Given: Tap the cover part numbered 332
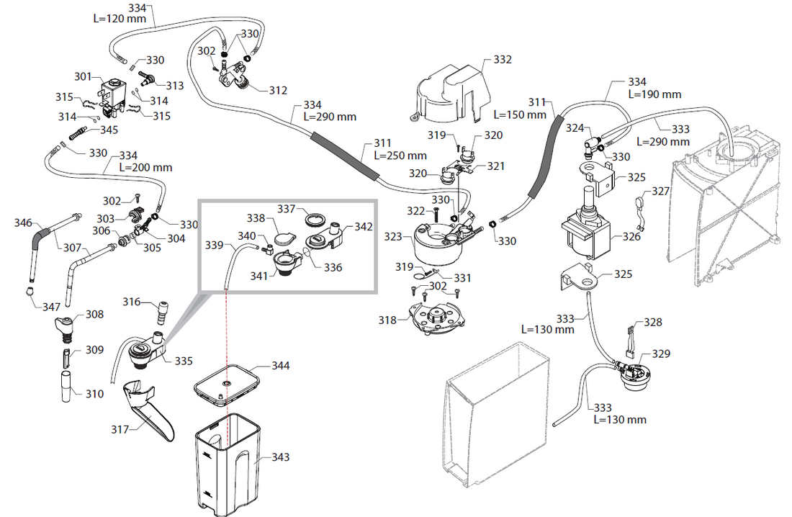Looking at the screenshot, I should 453,91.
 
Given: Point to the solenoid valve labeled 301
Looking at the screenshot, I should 113,94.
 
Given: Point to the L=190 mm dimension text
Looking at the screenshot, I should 654,94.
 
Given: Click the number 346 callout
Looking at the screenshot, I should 24,224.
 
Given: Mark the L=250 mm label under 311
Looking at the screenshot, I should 400,156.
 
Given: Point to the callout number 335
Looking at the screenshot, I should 184,360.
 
